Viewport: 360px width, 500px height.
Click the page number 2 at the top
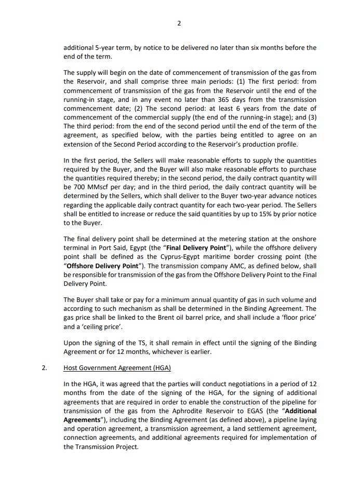[x=179, y=23]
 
